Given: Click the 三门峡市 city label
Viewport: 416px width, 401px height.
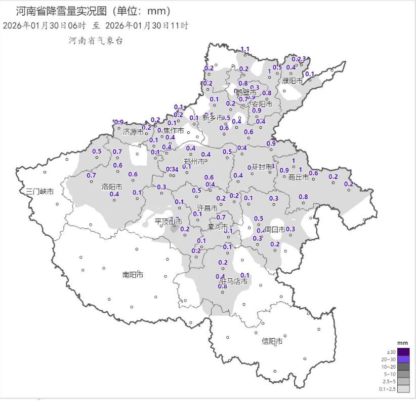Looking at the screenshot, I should (x=39, y=191).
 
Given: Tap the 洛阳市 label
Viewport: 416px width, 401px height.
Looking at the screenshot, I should (x=111, y=186).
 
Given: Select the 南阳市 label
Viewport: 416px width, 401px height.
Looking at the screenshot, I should (x=133, y=274).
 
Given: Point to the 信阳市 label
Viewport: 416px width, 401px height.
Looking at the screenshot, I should (x=272, y=341).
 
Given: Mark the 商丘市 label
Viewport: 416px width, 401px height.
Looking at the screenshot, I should (x=299, y=177).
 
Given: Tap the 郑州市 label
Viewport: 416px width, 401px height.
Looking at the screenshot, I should (x=194, y=162).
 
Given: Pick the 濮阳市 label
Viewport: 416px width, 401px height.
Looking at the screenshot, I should (x=292, y=81).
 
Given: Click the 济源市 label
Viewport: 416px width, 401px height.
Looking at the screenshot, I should (x=133, y=132).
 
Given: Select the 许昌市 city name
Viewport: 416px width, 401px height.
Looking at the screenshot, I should (x=207, y=208).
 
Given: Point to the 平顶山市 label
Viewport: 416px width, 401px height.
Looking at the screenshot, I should (x=168, y=222).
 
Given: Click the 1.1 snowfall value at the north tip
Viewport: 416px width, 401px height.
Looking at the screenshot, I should (x=245, y=49).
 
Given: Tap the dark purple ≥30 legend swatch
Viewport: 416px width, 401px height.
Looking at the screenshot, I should (x=403, y=352).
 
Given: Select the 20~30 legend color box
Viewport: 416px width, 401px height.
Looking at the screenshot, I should (x=403, y=359).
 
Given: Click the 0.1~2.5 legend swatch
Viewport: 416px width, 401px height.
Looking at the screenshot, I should (x=403, y=389).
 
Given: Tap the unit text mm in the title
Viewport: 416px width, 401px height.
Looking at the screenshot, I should (x=159, y=11).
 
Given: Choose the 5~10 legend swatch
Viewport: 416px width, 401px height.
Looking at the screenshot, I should (x=403, y=374).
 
